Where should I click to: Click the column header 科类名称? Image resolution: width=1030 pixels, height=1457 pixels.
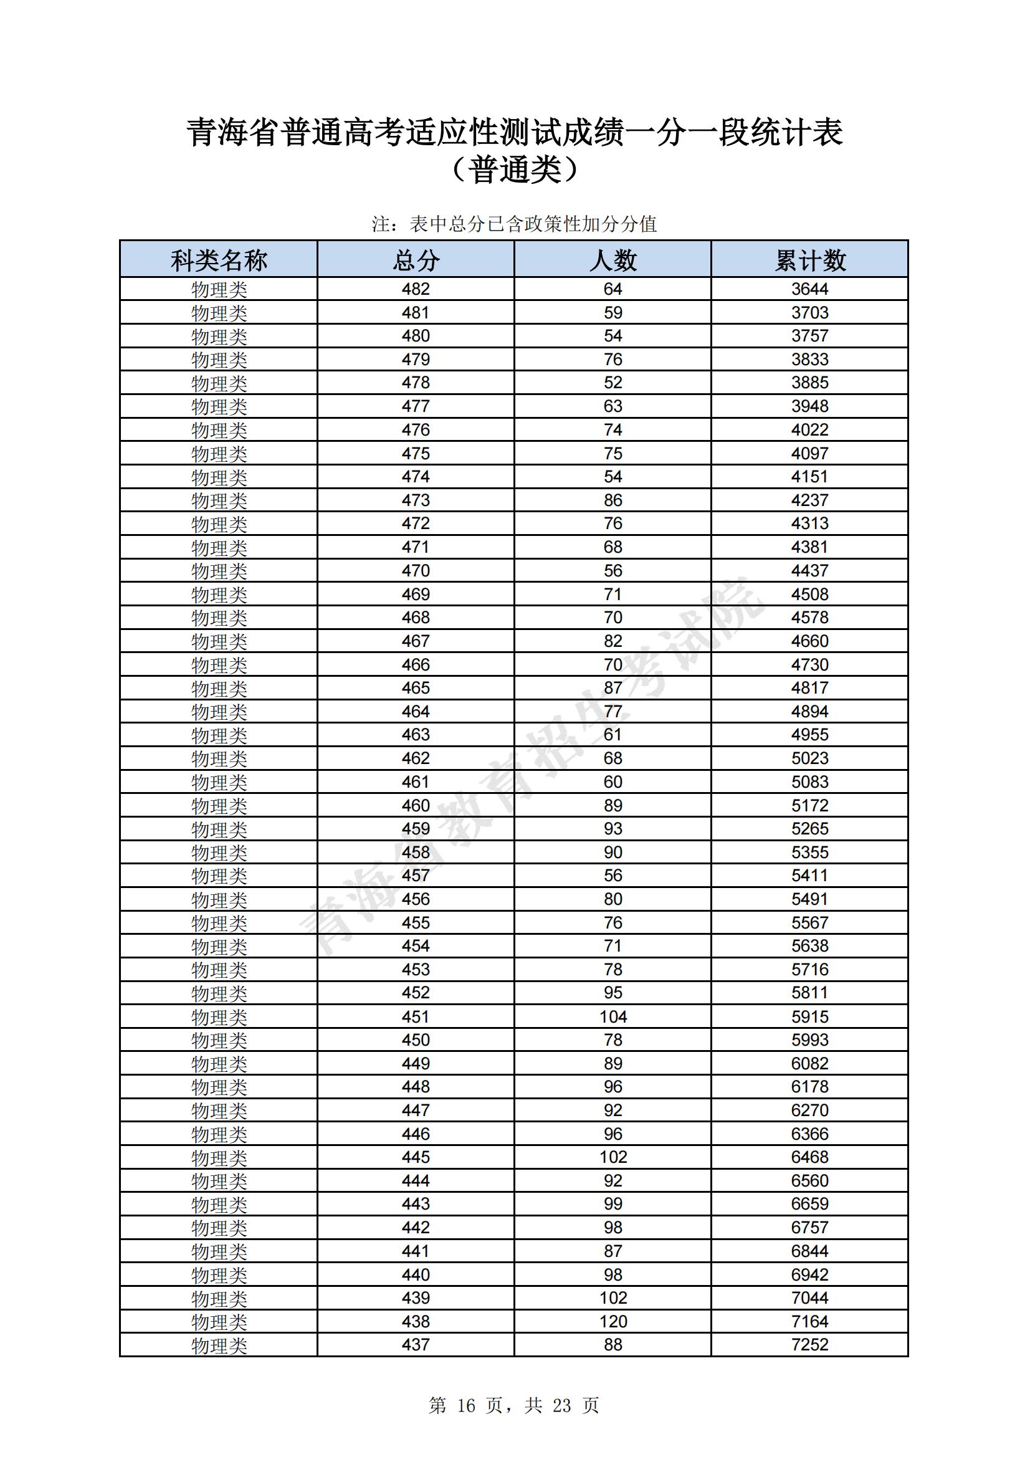(218, 260)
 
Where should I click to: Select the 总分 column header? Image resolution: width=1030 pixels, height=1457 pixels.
(416, 260)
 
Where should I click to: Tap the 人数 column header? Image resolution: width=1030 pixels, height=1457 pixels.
(613, 260)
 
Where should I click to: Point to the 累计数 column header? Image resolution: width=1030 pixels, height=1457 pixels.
(810, 260)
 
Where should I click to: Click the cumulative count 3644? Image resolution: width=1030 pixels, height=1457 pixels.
(810, 289)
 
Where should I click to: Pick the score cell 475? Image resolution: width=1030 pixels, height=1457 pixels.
(416, 454)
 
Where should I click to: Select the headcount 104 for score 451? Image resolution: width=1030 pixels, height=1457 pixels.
(613, 1016)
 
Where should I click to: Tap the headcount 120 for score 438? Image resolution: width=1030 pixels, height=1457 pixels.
(613, 1321)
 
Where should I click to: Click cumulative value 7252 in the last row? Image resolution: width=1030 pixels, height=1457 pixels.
(810, 1345)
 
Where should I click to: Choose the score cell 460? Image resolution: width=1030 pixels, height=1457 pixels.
(416, 805)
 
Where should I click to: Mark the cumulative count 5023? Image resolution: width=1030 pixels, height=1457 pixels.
(810, 758)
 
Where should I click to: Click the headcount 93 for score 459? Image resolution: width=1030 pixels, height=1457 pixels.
(613, 829)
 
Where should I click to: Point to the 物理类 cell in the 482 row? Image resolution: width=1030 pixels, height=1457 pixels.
(218, 290)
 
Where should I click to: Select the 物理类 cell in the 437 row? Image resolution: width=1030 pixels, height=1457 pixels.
(218, 1345)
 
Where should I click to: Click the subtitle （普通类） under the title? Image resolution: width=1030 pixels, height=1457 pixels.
(515, 170)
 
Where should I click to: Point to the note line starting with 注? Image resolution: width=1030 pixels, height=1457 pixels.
(514, 224)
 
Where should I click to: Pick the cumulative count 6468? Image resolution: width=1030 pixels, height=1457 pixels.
(810, 1157)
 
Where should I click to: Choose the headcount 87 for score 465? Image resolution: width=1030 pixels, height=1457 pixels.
(613, 688)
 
